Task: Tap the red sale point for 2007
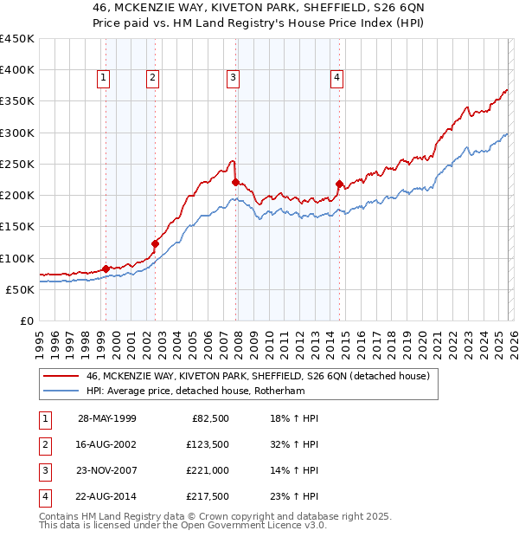[x=235, y=182]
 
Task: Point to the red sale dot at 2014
[x=339, y=184]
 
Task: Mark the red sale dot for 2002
[x=155, y=243]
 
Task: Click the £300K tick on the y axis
[x=17, y=133]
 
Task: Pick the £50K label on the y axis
[x=21, y=289]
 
